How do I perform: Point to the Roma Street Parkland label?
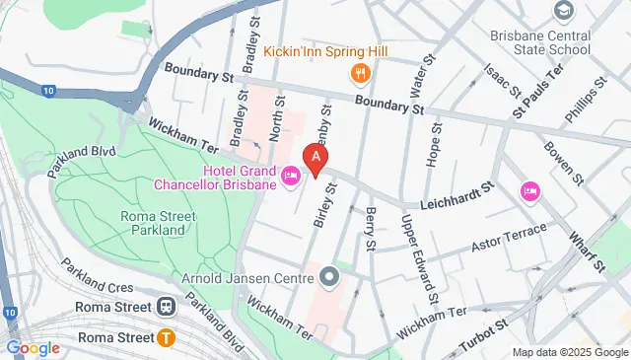[152, 223]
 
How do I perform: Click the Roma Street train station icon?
[166, 307]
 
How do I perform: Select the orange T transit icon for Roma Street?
[166, 338]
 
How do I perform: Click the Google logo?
[33, 347]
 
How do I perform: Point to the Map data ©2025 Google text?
[569, 352]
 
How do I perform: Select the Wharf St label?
[588, 252]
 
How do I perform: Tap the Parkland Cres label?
[96, 275]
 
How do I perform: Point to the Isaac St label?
[502, 82]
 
